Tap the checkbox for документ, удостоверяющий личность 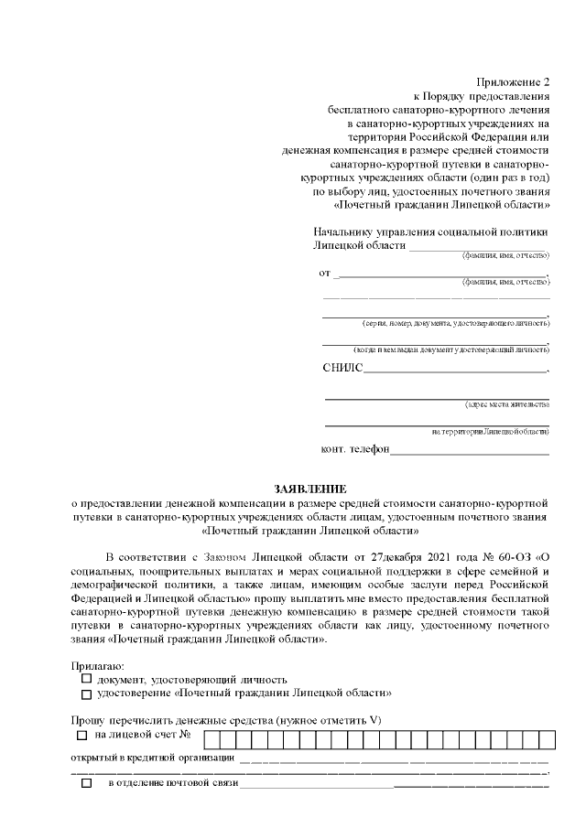(x=86, y=679)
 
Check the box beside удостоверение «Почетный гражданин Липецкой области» (x=86, y=694)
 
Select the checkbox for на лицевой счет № (x=82, y=735)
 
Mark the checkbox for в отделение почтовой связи (x=87, y=784)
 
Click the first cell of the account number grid (x=211, y=737)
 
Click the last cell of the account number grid (x=540, y=737)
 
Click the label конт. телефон (x=355, y=449)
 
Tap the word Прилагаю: (x=98, y=666)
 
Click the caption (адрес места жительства (x=506, y=404)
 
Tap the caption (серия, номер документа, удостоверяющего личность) (x=455, y=323)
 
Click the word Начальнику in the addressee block (x=345, y=232)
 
